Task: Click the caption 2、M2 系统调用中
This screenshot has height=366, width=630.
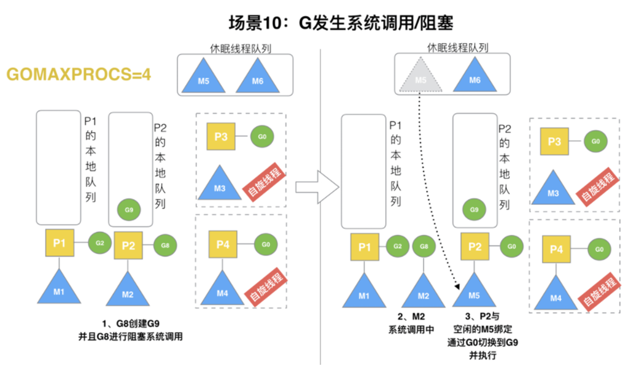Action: click(x=415, y=323)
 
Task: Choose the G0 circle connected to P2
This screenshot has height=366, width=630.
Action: click(x=511, y=246)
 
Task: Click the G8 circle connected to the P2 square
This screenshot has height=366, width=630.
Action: click(x=165, y=245)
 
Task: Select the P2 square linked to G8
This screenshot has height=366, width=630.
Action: click(x=128, y=245)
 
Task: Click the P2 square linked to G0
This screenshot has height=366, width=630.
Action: click(x=475, y=246)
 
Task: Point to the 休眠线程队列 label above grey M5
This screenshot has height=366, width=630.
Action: click(x=454, y=47)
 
